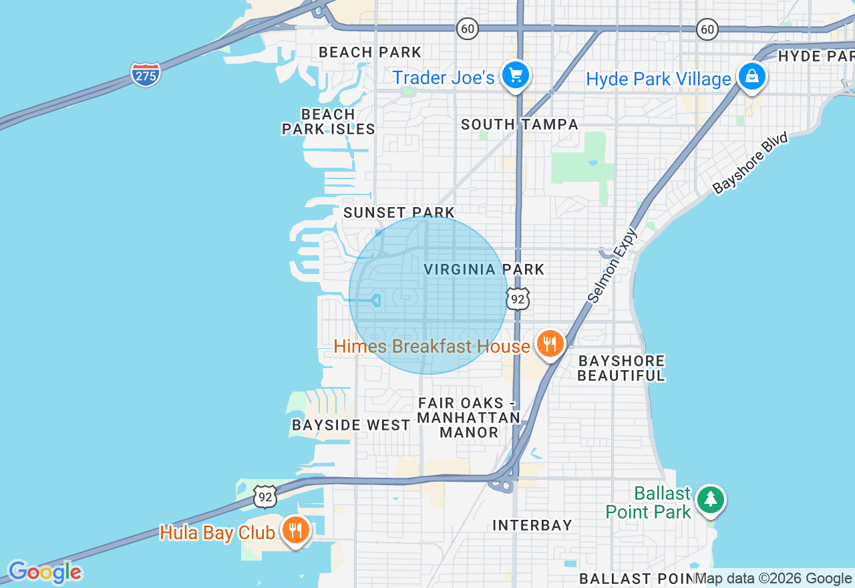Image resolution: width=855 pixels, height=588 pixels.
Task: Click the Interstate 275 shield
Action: tap(146, 74)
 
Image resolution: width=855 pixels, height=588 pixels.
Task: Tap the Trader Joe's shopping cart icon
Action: tap(515, 76)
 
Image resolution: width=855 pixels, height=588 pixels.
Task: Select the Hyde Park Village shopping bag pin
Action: tap(752, 77)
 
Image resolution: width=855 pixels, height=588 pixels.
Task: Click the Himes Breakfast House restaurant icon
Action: tap(550, 344)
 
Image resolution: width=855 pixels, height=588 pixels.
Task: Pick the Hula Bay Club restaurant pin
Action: tap(295, 531)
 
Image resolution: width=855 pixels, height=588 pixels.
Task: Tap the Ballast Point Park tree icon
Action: tap(710, 499)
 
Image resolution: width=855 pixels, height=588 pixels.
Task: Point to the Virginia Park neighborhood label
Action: tap(484, 269)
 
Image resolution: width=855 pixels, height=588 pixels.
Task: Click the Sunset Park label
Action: tap(399, 212)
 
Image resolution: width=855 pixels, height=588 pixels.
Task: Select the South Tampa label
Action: tap(520, 124)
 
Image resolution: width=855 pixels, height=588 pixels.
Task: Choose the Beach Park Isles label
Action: tap(328, 122)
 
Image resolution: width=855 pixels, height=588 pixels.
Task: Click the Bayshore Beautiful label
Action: tap(621, 368)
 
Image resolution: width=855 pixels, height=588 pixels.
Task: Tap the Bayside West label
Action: tap(351, 425)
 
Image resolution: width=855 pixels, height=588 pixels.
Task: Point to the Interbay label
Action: tap(532, 525)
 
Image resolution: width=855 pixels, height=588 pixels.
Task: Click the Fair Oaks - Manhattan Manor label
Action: tap(468, 418)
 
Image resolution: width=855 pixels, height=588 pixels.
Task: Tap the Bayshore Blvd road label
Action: tap(750, 163)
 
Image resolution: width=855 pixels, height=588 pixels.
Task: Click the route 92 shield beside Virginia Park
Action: tap(518, 299)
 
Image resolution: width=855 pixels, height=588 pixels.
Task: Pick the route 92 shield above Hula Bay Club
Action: tap(265, 496)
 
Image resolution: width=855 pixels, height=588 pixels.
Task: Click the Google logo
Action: tap(45, 573)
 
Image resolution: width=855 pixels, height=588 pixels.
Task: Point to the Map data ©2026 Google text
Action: tap(773, 579)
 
